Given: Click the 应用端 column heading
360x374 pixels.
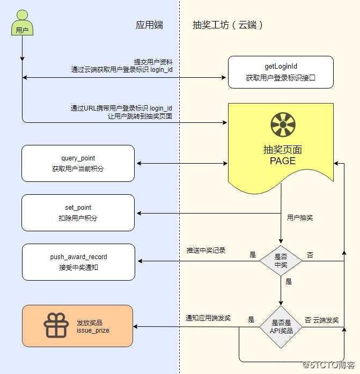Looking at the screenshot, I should tap(149, 25).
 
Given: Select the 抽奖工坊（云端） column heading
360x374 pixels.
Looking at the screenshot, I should tap(228, 25).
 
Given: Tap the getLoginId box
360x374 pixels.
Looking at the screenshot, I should tap(281, 72).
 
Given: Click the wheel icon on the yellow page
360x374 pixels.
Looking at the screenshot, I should tap(283, 125).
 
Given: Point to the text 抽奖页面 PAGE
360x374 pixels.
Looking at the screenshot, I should tap(283, 155).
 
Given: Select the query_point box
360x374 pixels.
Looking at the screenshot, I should tap(78, 163).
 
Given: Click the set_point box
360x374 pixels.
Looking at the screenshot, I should tap(78, 212).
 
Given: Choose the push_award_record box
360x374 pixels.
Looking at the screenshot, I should tap(78, 262).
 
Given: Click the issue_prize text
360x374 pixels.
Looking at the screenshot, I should tap(93, 330).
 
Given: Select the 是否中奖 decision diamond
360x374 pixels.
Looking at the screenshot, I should tap(281, 260).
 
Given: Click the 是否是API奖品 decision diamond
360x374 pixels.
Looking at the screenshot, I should tap(281, 327).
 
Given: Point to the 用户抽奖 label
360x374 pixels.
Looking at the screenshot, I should tap(300, 218).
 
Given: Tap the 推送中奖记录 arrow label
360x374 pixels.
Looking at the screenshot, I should tap(206, 251).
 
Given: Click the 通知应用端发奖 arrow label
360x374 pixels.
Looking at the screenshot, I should tap(208, 318).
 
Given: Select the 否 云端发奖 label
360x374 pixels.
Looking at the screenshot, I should tap(321, 320).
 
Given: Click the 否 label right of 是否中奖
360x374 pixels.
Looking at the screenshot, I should tap(310, 254).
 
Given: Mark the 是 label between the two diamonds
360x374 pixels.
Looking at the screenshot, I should tap(289, 281).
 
